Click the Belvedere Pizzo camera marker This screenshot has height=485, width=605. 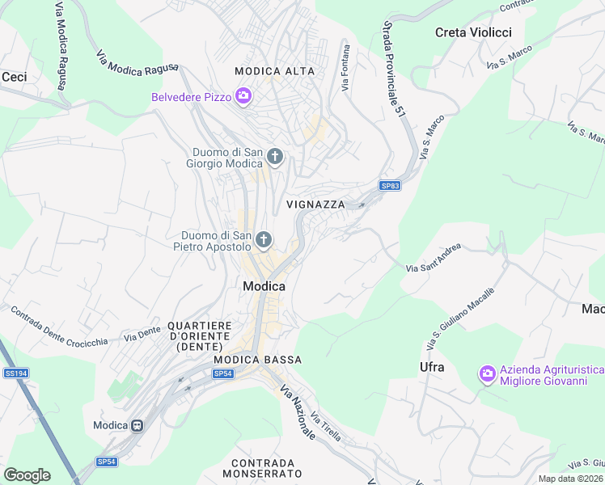(243, 98)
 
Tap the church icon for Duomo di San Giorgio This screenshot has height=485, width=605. (275, 156)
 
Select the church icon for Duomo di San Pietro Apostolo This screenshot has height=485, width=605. (263, 239)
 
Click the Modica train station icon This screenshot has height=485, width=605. (137, 425)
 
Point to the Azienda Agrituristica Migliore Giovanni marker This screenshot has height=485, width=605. (487, 373)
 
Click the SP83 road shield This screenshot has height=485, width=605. (391, 186)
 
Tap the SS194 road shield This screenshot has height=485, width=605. (15, 373)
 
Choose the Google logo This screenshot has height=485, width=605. (27, 474)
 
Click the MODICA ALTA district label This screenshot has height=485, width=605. (274, 71)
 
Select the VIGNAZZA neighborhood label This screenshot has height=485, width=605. (315, 205)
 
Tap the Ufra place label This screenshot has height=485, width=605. (432, 367)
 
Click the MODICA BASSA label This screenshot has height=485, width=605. (258, 360)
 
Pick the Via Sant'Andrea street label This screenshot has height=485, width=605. (434, 258)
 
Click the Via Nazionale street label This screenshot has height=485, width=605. (298, 412)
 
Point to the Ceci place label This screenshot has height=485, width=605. (14, 77)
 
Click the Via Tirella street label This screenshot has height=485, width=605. (325, 425)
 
